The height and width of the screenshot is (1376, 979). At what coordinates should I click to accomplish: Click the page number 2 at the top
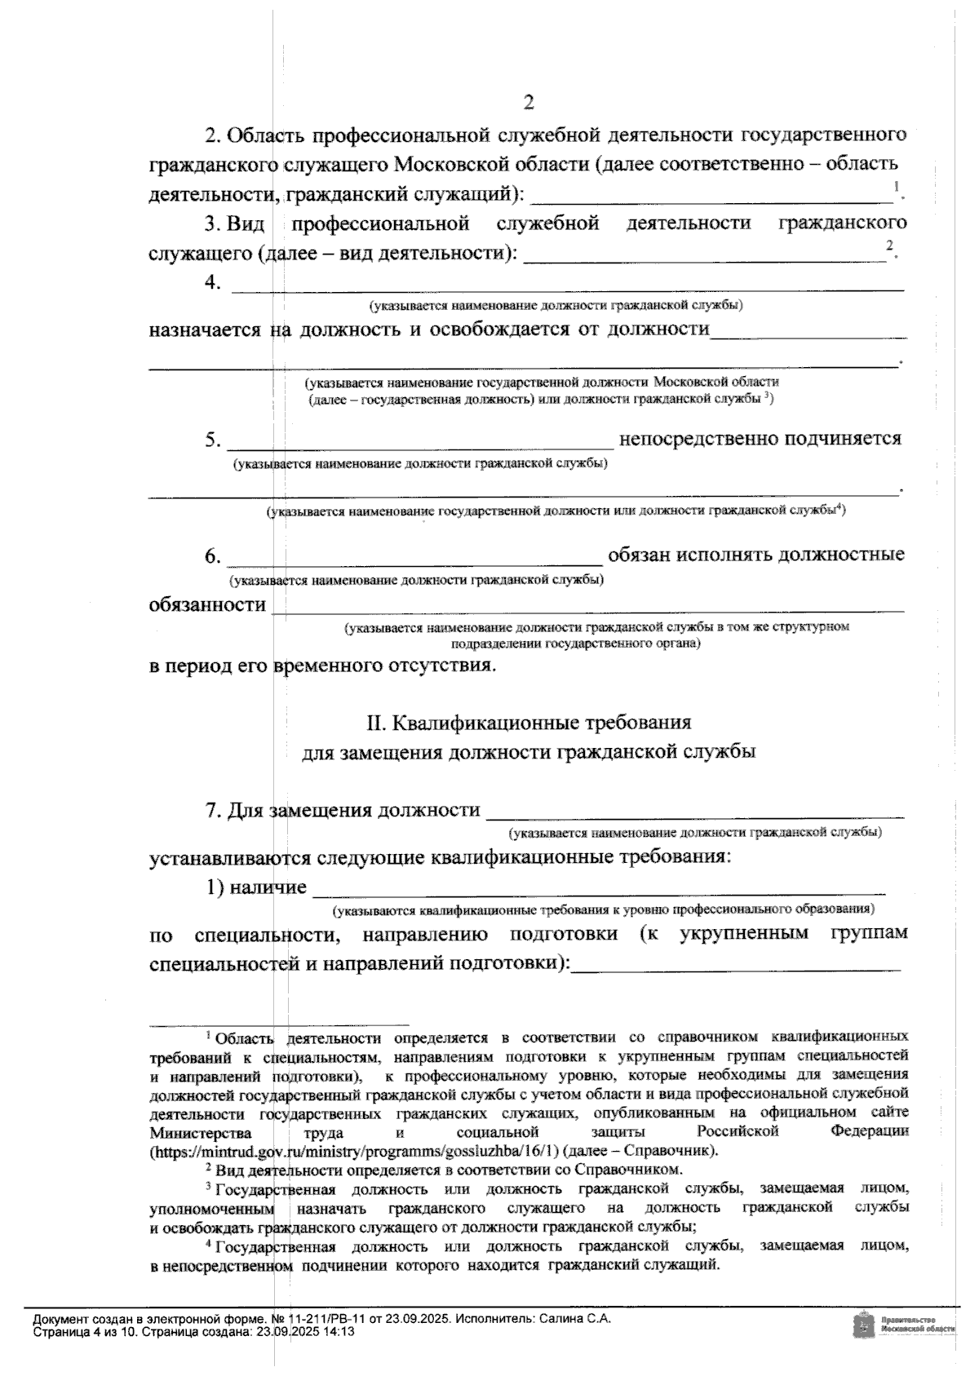[529, 103]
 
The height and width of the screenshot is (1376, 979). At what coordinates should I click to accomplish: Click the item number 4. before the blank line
[213, 282]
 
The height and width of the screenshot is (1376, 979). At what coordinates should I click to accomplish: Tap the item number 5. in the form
[213, 440]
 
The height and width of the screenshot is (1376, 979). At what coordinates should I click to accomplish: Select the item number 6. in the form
[213, 557]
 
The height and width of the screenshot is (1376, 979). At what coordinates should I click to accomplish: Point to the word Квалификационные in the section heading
[473, 723]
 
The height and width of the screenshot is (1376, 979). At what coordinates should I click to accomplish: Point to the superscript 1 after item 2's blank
[896, 188]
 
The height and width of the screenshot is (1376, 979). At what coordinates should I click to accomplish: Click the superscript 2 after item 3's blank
[890, 245]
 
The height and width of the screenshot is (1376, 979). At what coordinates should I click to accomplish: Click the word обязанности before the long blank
[207, 605]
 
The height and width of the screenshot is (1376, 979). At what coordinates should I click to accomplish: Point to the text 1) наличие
[256, 887]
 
